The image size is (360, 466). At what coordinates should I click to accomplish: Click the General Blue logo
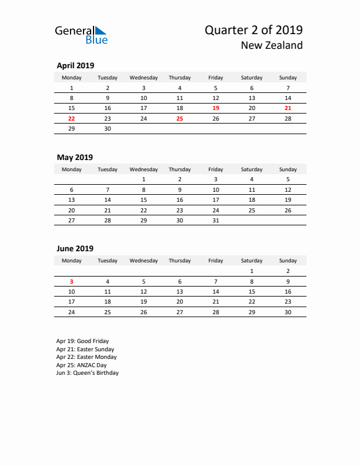(81, 35)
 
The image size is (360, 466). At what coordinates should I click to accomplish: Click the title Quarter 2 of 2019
(254, 30)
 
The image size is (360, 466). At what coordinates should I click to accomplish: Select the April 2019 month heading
(75, 65)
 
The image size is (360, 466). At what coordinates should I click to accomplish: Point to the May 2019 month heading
(74, 157)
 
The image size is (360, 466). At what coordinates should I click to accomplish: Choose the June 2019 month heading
(75, 248)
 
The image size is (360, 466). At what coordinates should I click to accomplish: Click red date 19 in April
(215, 108)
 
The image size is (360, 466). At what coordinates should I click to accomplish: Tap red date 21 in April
(288, 108)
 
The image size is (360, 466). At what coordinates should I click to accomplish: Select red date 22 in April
(71, 118)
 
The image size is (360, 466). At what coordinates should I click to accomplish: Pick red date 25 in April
(179, 118)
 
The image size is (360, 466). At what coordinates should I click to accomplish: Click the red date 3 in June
(71, 281)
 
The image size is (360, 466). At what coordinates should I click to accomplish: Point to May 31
(215, 220)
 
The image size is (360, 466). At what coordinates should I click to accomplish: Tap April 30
(107, 128)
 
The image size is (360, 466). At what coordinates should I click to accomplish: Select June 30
(288, 312)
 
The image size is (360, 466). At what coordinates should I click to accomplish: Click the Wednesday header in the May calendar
(144, 169)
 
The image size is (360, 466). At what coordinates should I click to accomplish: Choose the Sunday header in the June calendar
(288, 261)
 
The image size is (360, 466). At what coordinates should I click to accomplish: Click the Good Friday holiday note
(82, 341)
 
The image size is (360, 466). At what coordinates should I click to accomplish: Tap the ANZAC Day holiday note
(81, 365)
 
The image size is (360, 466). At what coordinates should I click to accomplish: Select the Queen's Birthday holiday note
(87, 372)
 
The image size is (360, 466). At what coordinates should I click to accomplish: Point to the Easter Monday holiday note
(86, 357)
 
